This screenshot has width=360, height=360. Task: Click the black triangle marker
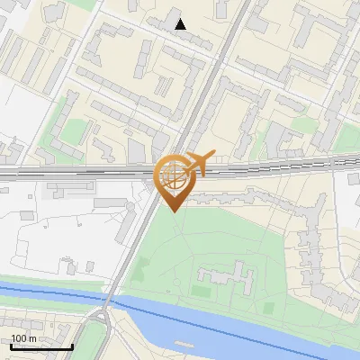pyautogui.click(x=181, y=24)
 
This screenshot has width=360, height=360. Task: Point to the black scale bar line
pyautogui.click(x=41, y=347)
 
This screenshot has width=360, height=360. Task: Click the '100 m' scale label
pyautogui.click(x=24, y=338)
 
